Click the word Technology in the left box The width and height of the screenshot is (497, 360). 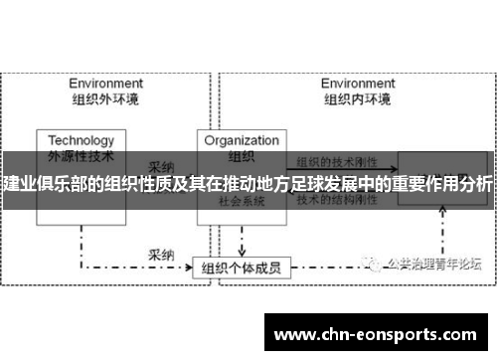coord(82,140)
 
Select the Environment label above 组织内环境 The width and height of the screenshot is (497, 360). coord(357,84)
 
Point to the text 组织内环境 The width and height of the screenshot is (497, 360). coord(357,98)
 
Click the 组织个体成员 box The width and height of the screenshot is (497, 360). coord(241,240)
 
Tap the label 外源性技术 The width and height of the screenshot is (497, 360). coord(82,155)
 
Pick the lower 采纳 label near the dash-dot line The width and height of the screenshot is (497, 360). coord(162,226)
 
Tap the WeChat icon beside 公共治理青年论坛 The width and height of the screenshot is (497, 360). coord(373,236)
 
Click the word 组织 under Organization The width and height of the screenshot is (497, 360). coord(242,155)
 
